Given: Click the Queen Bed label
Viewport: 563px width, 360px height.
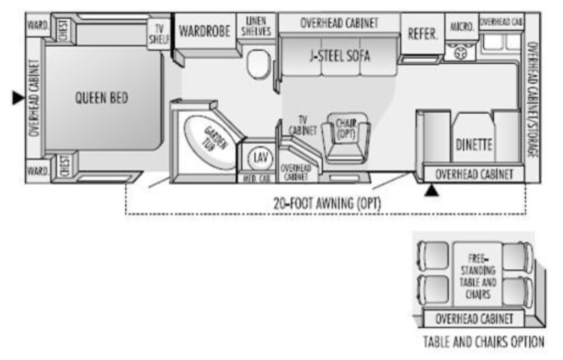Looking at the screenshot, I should pos(101,98).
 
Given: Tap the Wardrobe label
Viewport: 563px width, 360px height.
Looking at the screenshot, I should pos(205,31).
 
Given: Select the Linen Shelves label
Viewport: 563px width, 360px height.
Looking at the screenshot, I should pos(256,26).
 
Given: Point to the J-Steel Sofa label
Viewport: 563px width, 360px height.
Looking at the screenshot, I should pos(339,56).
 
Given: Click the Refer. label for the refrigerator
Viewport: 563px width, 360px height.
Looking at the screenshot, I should pos(422,34).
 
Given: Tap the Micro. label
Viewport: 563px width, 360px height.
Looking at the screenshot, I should pos(462,26).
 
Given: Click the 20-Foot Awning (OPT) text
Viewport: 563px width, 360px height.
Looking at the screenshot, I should pos(327,203).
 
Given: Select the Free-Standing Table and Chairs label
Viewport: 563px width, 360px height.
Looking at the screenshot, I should pos(477,276).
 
